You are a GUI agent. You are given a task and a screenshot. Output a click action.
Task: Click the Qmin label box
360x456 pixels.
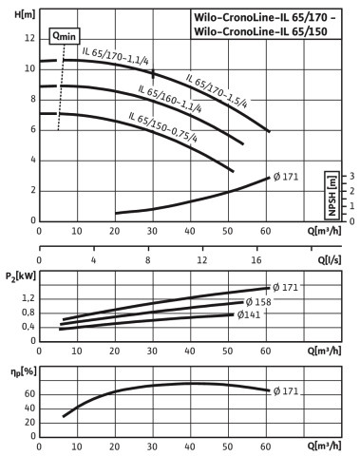[x=65, y=36]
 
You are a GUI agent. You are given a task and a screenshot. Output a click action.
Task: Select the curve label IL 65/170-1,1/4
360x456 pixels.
[x=116, y=56]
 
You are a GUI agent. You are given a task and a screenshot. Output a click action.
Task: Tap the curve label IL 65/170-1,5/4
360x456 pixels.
[x=217, y=91]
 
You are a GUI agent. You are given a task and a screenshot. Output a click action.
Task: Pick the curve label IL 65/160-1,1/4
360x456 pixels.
[x=170, y=99]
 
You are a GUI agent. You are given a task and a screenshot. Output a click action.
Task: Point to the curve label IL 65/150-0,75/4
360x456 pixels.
[x=163, y=127]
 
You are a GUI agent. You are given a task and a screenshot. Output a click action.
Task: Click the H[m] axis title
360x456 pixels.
[x=25, y=14]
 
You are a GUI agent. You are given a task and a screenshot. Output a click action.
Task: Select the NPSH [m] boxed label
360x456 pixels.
[x=332, y=196]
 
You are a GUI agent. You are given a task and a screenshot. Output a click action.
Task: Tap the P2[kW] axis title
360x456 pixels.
[x=21, y=276]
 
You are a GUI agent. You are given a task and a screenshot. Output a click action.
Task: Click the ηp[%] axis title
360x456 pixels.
[x=24, y=371]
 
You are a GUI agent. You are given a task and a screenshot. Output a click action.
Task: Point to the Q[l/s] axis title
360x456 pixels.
[x=330, y=260]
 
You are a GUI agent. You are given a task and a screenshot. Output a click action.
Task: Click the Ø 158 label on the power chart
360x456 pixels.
[x=258, y=302]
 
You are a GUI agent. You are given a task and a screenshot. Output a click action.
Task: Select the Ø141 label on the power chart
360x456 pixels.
[x=249, y=314]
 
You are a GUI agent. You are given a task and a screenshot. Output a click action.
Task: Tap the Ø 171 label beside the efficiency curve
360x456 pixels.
[x=286, y=391]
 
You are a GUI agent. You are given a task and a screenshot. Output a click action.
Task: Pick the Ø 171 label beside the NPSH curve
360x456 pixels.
[x=286, y=177]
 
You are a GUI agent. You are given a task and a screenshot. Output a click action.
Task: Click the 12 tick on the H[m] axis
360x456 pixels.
[x=29, y=39]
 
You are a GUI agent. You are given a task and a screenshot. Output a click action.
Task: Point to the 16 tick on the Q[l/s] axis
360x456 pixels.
[x=256, y=260]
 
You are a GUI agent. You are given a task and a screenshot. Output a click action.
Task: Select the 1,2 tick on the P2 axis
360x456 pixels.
[x=28, y=298]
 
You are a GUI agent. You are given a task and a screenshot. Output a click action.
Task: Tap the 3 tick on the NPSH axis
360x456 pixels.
[x=351, y=176]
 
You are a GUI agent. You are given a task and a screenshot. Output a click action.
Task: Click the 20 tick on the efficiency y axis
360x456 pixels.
[x=29, y=423]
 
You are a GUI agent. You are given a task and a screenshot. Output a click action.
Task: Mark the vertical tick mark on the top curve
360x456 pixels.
[x=153, y=74]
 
